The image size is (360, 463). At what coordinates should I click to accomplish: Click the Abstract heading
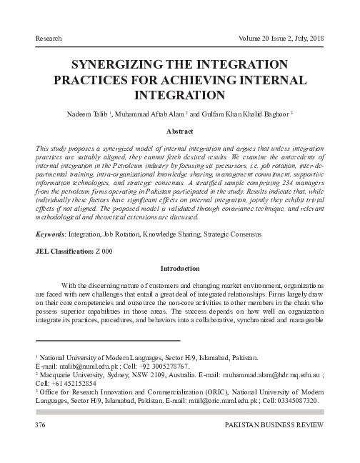(x=180, y=132)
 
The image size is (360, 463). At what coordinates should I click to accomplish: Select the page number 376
(x=41, y=426)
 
